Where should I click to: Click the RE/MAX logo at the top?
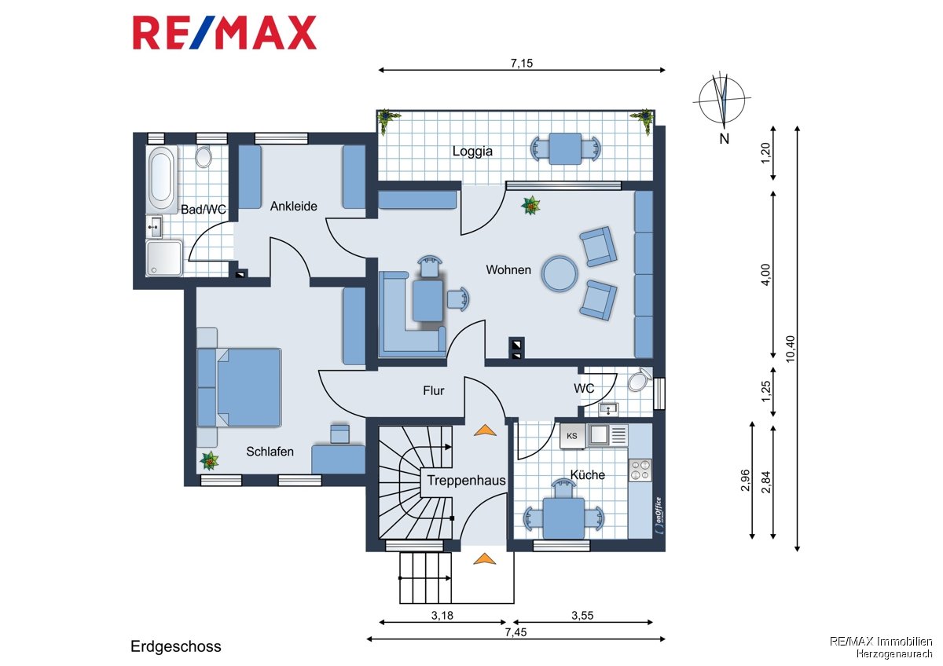pyautogui.click(x=225, y=33)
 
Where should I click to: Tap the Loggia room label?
pyautogui.click(x=472, y=151)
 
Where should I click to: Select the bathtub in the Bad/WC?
pyautogui.click(x=161, y=178)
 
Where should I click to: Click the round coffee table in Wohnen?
pyautogui.click(x=560, y=273)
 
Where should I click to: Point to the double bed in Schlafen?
pyautogui.click(x=248, y=387)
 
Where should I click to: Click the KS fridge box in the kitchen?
pyautogui.click(x=572, y=436)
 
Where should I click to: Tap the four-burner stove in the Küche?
pyautogui.click(x=640, y=470)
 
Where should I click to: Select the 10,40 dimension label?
pyautogui.click(x=791, y=349)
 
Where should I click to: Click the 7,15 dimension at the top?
pyautogui.click(x=522, y=63)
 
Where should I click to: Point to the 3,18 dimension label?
pyautogui.click(x=442, y=616)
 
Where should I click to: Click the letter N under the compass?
pyautogui.click(x=724, y=139)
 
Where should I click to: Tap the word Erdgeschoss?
pyautogui.click(x=175, y=646)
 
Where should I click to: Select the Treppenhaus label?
pyautogui.click(x=467, y=481)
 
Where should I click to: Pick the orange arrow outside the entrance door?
pyautogui.click(x=485, y=558)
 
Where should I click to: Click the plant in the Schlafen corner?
pyautogui.click(x=209, y=461)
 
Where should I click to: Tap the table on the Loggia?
pyautogui.click(x=564, y=148)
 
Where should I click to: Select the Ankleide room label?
pyautogui.click(x=293, y=206)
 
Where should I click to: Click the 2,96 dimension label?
pyautogui.click(x=746, y=480)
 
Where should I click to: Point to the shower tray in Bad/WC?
pyautogui.click(x=164, y=258)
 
